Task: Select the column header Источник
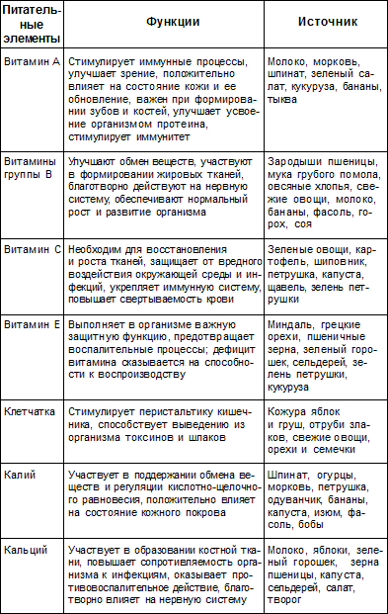tap(322, 22)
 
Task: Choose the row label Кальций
tap(27, 549)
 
